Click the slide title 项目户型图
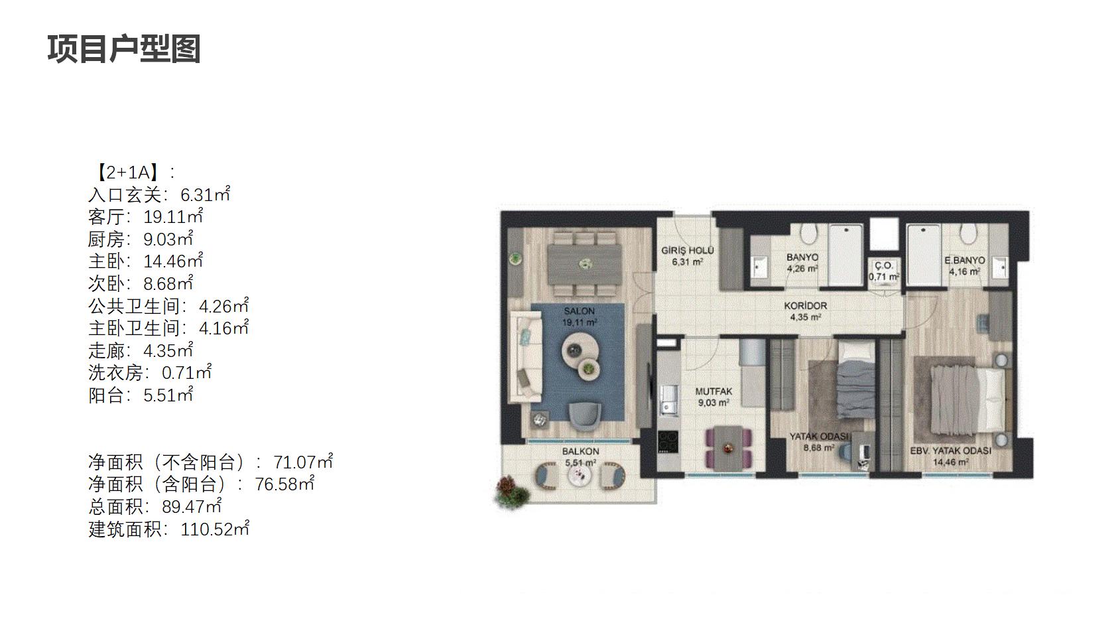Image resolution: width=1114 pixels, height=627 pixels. pos(124,49)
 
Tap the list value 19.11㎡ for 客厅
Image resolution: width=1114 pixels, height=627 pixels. pos(173,216)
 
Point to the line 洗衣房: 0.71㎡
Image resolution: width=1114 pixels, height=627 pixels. pos(150,372)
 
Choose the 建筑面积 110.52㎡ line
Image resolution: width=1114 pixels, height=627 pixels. pos(168,529)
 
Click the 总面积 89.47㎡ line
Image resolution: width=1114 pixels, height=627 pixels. pos(155,507)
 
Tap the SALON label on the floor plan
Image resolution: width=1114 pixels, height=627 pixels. pos(580,311)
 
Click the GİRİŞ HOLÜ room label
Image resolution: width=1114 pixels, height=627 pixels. pos(687,250)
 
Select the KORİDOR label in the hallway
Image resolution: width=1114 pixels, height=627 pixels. pos(806,305)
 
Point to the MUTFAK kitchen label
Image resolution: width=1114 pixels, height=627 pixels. pos(713,391)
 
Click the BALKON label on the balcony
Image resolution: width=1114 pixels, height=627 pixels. pos(580,451)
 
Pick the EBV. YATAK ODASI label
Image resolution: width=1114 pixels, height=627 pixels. pos(950,451)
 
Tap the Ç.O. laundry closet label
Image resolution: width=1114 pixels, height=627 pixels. pos(884,265)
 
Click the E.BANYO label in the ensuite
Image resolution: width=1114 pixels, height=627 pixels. pos(965,260)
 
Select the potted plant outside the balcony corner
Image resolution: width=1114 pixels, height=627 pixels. pos(511,492)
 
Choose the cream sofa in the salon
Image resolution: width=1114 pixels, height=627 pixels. pos(528,356)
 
